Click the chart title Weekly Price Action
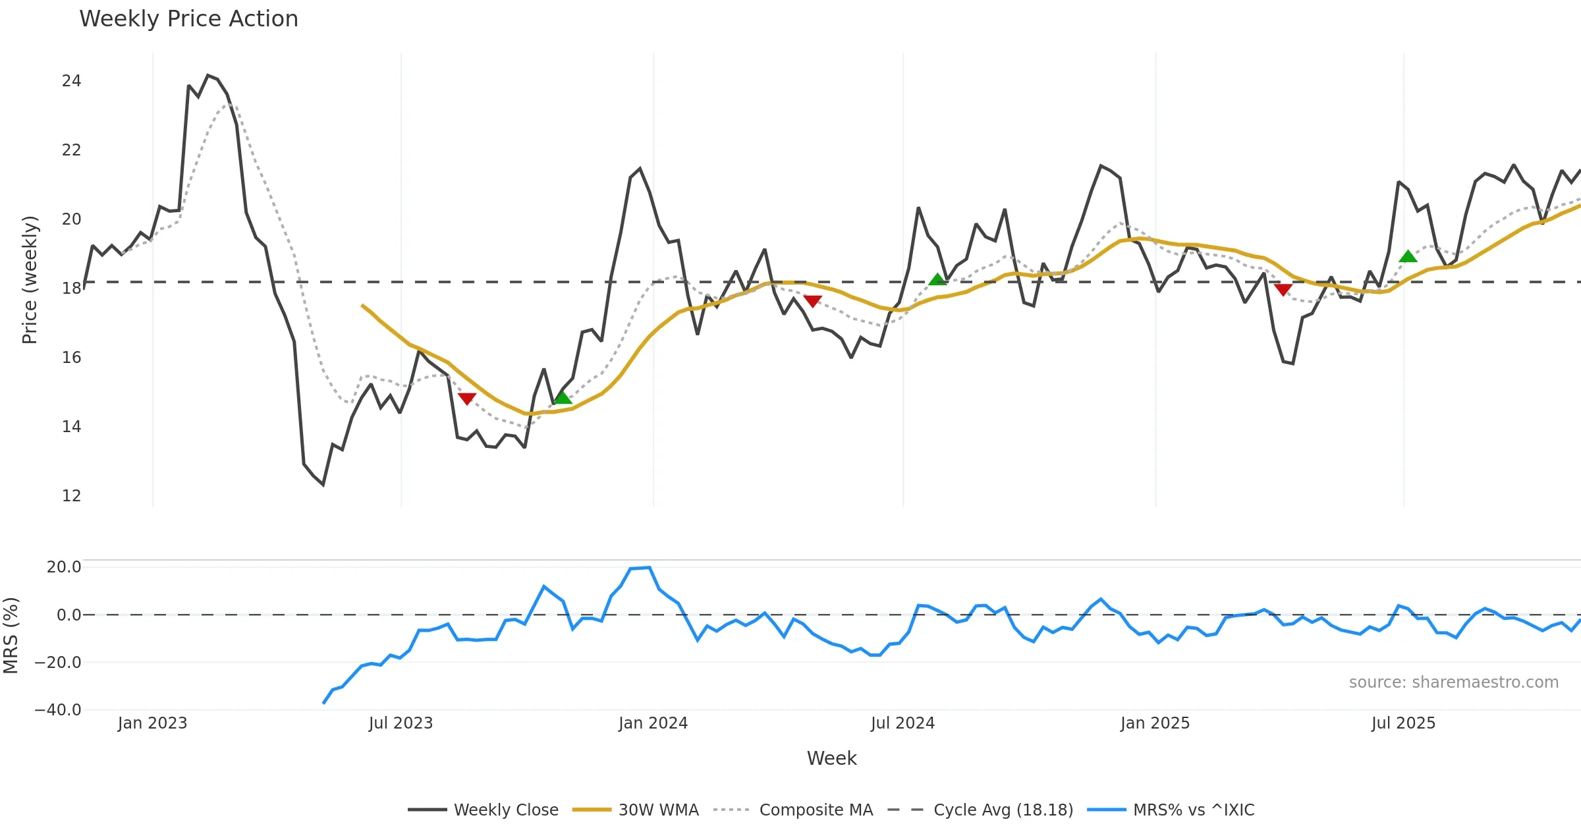coord(188,19)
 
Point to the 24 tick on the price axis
coord(71,81)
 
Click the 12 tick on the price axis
coord(71,496)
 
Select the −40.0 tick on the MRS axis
coord(58,710)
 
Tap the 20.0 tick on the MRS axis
coord(64,567)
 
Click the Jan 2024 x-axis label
coord(653,723)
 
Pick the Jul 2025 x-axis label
coord(1403,723)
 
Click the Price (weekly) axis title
coord(30,280)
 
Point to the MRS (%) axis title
coord(11,636)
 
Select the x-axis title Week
coord(831,759)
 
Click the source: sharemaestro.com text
coord(1453,682)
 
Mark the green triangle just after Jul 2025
coord(1408,257)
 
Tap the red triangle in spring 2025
coord(1283,289)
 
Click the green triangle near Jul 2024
coord(937,280)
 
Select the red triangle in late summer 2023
coord(466,399)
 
